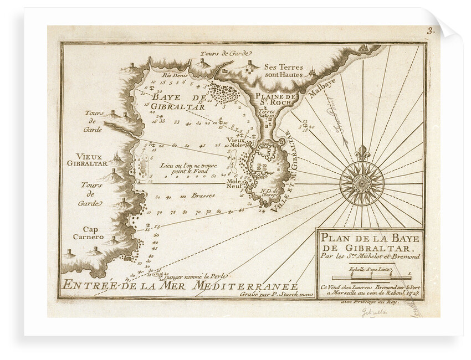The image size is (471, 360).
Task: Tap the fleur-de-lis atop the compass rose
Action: point(361,152)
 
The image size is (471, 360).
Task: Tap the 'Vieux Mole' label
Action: point(237,144)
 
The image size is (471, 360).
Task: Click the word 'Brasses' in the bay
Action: point(203,195)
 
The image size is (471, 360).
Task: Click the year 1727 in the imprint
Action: point(413,293)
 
